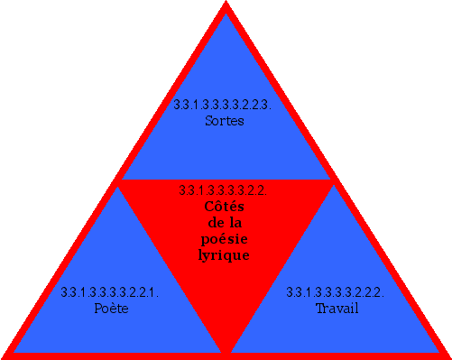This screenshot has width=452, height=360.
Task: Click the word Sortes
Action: click(x=225, y=120)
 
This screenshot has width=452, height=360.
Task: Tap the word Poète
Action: click(x=112, y=309)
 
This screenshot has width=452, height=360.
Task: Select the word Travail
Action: click(x=337, y=309)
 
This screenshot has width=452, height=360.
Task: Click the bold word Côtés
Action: click(x=224, y=207)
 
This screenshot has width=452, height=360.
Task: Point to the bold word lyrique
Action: click(x=224, y=255)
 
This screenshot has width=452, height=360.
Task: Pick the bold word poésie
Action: click(x=224, y=239)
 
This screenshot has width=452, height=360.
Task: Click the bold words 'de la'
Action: click(x=224, y=223)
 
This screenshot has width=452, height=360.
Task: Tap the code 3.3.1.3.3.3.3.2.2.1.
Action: click(x=110, y=292)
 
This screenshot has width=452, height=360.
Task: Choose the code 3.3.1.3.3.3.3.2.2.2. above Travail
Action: click(x=336, y=292)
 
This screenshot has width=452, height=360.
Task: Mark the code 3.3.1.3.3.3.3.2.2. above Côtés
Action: click(x=223, y=190)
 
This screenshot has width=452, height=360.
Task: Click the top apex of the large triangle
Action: click(x=226, y=5)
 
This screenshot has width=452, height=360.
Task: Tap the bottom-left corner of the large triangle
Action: click(x=5, y=355)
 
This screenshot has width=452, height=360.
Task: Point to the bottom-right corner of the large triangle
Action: click(x=447, y=355)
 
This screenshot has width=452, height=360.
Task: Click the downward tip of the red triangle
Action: click(x=226, y=350)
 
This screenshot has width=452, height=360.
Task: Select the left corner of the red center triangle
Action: click(x=120, y=181)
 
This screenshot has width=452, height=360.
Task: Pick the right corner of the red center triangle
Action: click(x=332, y=181)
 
